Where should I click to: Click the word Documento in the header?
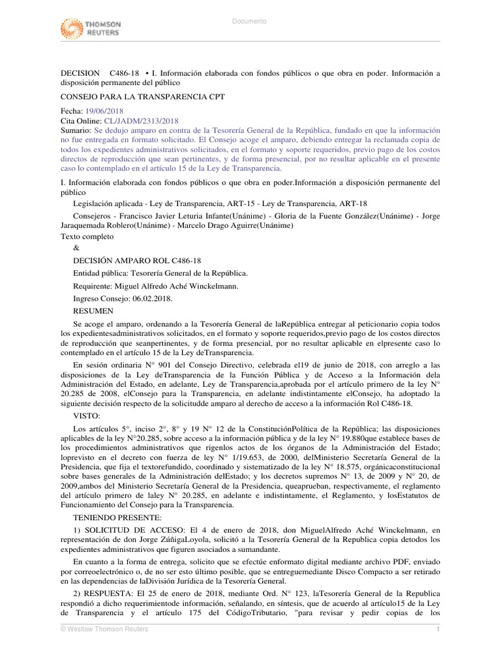(250, 22)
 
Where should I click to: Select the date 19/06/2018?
(104, 112)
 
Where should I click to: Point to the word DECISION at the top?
(80, 73)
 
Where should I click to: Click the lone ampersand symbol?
(76, 247)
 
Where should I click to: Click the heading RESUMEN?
(93, 311)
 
